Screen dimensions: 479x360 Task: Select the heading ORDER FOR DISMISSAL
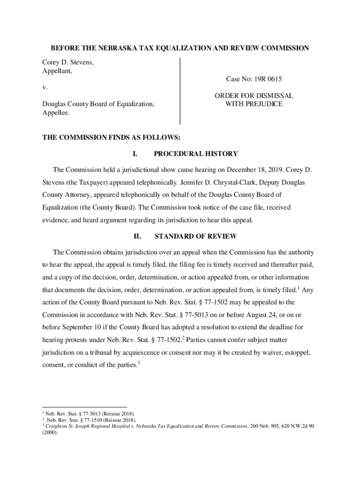pyautogui.click(x=254, y=95)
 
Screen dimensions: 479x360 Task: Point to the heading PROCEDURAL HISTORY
pyautogui.click(x=195, y=153)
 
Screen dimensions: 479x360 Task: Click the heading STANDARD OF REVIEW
pyautogui.click(x=195, y=236)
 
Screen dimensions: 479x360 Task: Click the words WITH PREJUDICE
pyautogui.click(x=254, y=104)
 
